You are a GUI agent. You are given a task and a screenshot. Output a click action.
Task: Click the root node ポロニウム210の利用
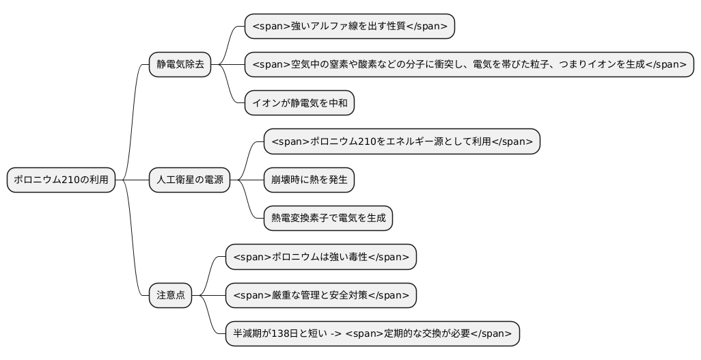point(61,180)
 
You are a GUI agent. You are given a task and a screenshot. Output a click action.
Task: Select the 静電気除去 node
point(180,65)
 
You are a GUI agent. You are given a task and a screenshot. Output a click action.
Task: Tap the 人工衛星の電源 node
point(189,180)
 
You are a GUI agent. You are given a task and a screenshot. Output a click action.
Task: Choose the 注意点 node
point(171,296)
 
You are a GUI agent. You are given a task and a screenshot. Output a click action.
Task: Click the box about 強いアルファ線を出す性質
point(349,27)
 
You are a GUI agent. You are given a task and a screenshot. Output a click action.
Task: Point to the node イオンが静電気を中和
point(299,103)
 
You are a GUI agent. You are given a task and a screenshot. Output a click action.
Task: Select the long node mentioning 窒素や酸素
point(469,65)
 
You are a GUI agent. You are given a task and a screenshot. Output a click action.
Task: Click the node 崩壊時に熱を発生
point(309,180)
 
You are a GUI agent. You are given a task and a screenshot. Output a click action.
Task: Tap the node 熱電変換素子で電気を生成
point(328,219)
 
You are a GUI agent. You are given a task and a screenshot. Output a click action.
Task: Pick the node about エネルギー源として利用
point(402,142)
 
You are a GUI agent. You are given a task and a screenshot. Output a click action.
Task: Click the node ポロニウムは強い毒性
point(320,258)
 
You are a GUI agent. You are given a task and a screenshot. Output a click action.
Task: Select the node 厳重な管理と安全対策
point(320,296)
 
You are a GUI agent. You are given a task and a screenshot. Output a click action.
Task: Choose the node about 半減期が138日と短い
point(372,334)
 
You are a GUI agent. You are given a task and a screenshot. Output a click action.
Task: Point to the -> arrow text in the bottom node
point(335,334)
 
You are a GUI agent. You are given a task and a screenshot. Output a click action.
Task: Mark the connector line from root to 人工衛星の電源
point(133,180)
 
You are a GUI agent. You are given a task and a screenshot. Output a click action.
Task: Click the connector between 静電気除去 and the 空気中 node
point(228,65)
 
